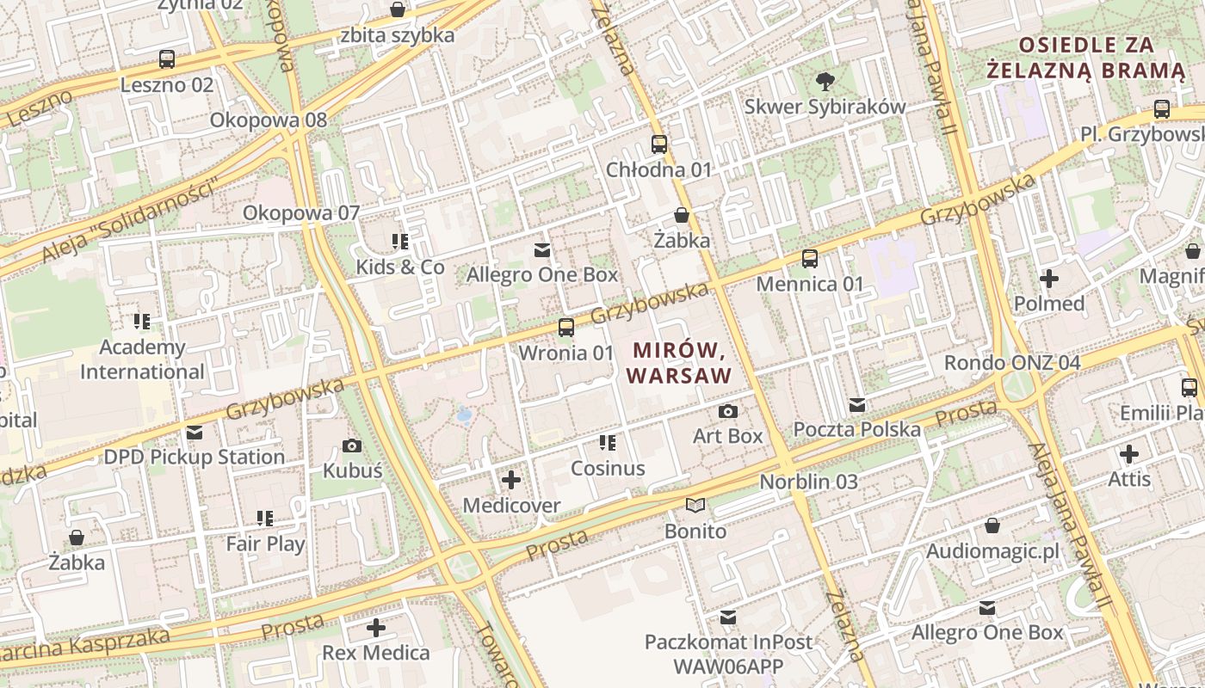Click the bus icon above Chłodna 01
[659, 144]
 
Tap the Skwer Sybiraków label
[825, 107]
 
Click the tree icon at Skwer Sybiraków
[825, 82]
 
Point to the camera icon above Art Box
[728, 412]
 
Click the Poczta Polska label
[856, 429]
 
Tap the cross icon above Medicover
[511, 480]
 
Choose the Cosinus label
[608, 469]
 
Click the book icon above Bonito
[695, 506]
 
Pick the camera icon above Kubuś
[352, 445]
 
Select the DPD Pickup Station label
[194, 457]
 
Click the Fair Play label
[265, 544]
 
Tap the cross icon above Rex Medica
[376, 628]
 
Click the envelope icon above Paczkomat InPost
[728, 617]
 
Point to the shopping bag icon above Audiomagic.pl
[992, 525]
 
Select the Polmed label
[1048, 304]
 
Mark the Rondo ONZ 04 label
[1011, 362]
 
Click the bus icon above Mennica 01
[809, 258]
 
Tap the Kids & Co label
[400, 267]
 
